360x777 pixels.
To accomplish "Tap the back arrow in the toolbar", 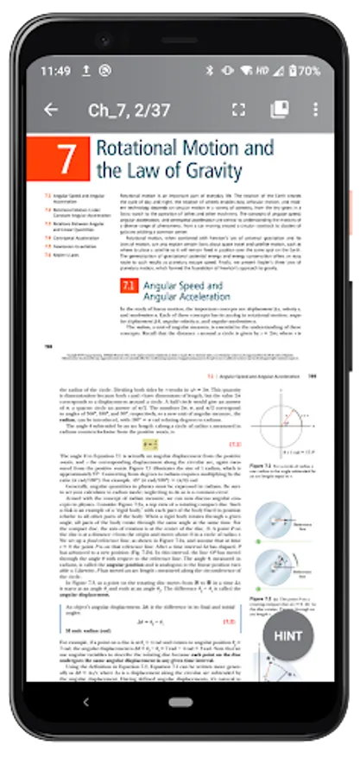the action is point(51,110).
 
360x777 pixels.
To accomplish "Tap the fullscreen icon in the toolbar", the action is point(239,110).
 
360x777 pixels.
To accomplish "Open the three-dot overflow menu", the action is point(315,110).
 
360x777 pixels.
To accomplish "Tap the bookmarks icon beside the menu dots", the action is point(279,110).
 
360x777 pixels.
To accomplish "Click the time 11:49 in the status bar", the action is point(55,71).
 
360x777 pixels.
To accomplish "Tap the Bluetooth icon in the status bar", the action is point(208,71).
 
